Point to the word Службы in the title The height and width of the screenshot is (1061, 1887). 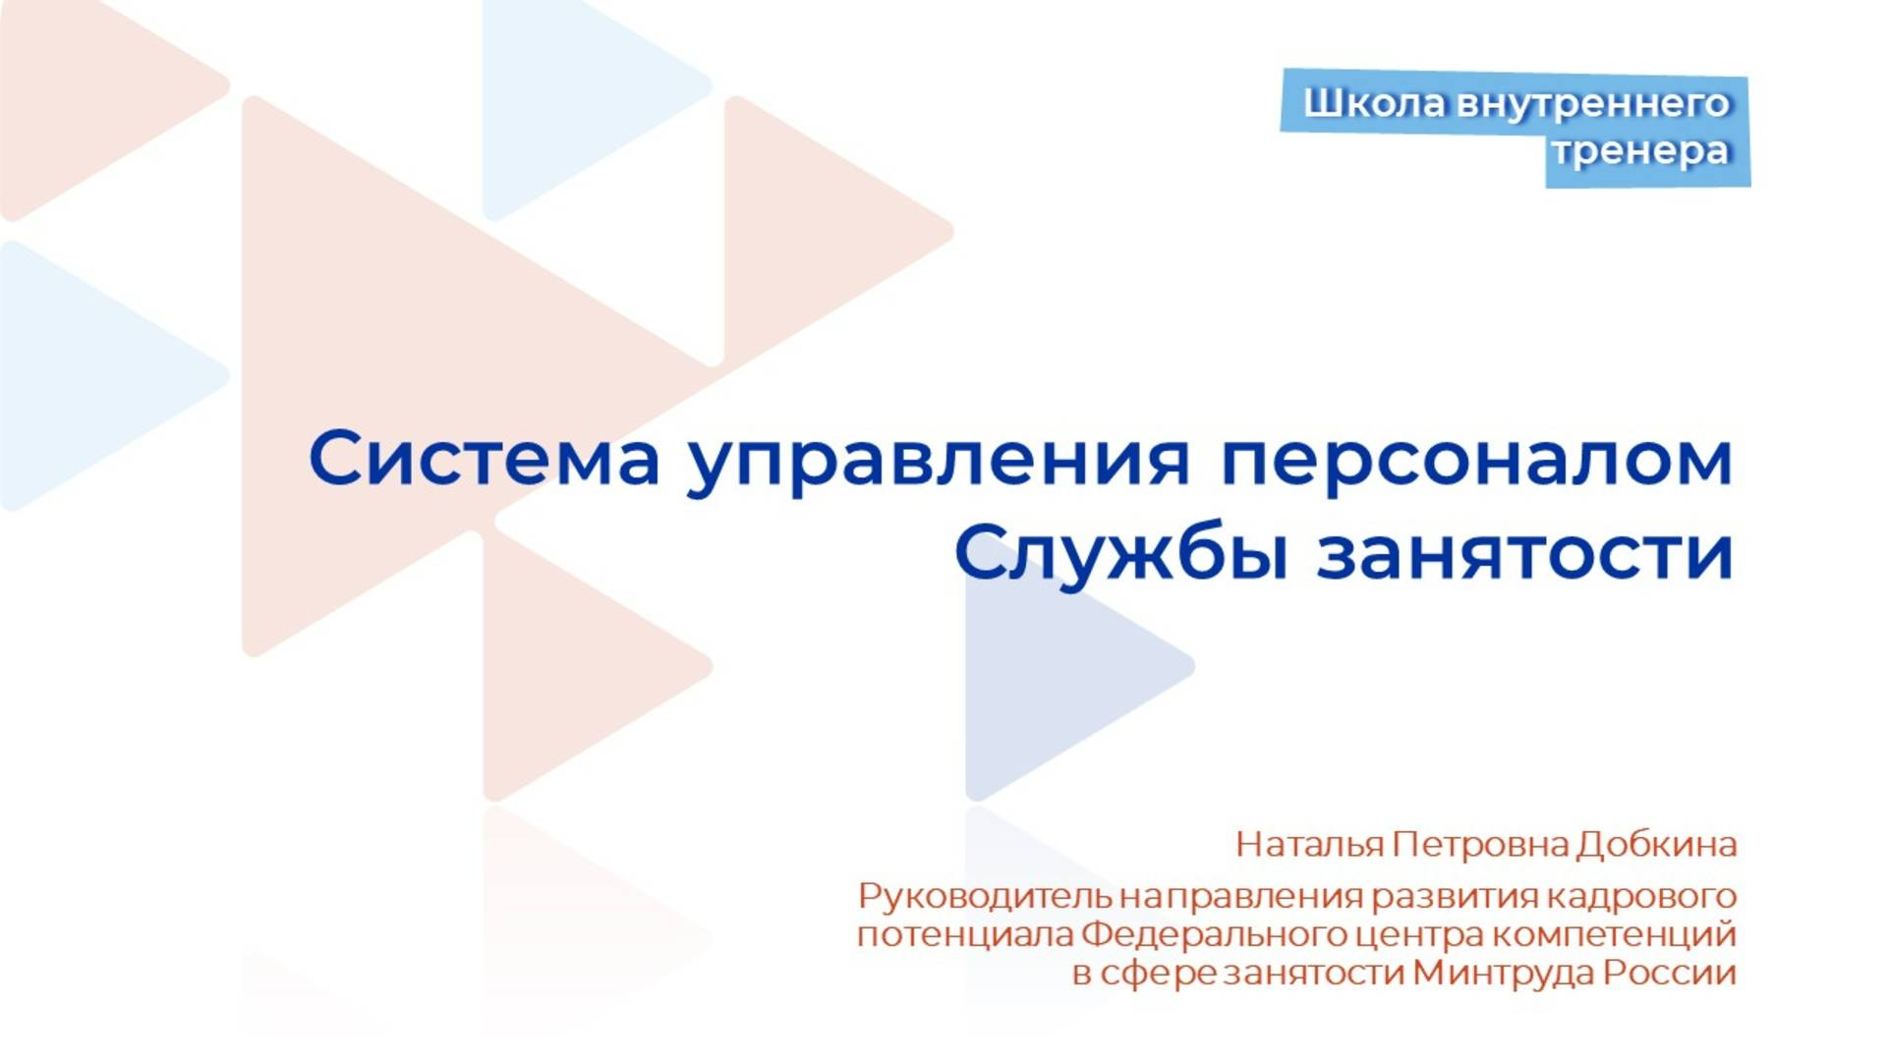pos(1120,554)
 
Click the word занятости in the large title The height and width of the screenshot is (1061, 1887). pos(1524,554)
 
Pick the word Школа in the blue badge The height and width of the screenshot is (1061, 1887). pos(1374,103)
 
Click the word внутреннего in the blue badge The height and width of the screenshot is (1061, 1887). pos(1592,103)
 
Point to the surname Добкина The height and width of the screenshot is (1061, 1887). pos(1656,845)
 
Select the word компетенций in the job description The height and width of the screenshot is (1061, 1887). pos(1613,934)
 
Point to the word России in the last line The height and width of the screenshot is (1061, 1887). pos(1670,973)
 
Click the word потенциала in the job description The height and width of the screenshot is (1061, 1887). pos(964,934)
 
